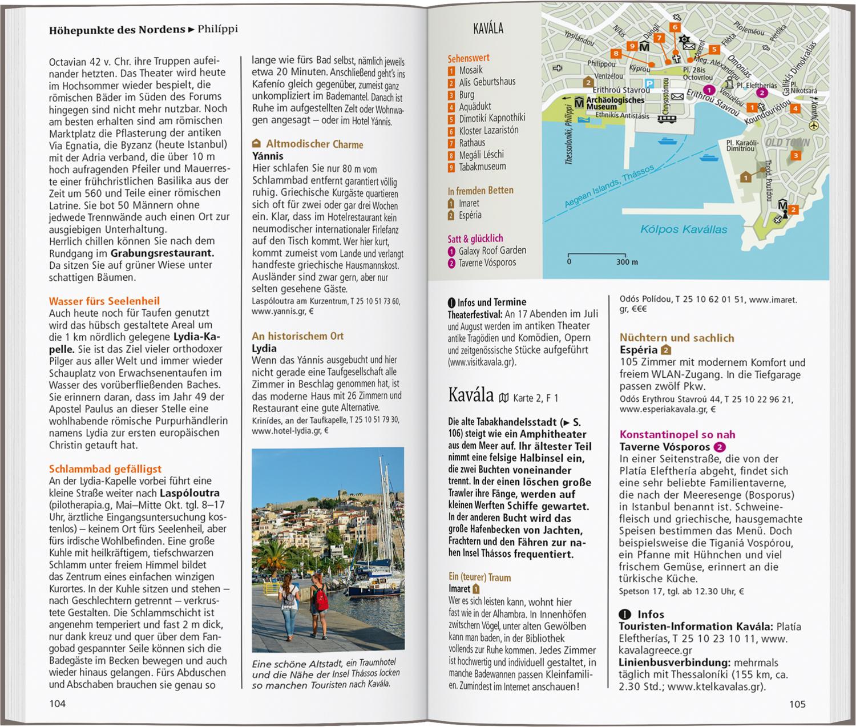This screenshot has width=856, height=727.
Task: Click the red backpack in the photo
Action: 320,599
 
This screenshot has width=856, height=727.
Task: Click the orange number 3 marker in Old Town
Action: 796,155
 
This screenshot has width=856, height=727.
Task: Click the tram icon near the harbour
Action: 667,119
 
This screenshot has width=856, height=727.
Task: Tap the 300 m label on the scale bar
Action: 627,262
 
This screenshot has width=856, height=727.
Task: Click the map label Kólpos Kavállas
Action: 684,229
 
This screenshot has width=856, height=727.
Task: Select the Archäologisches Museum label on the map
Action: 615,103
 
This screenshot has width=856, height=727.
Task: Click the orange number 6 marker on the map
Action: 675,27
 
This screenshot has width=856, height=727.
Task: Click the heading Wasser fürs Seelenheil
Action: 104,301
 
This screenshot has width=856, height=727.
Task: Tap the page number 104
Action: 57,704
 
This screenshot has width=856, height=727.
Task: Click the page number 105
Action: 797,704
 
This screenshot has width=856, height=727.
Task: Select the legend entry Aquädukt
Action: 475,106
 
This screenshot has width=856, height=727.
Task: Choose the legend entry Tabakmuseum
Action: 482,167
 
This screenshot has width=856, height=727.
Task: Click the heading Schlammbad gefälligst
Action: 105,468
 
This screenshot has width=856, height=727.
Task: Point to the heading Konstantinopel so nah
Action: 677,434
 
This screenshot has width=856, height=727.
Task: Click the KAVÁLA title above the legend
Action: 488,29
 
